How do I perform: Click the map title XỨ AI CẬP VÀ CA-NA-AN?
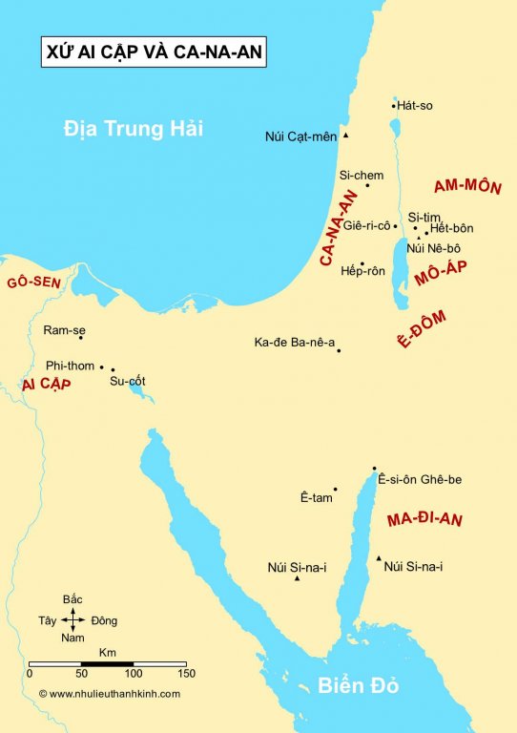154,52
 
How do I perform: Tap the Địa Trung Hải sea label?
134,128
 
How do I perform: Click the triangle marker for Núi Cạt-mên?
345,136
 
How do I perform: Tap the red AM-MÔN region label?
466,186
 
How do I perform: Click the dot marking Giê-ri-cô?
395,226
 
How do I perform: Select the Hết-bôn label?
451,228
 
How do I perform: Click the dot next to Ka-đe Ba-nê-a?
339,350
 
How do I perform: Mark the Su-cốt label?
128,381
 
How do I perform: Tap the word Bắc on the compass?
72,598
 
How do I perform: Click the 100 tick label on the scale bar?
133,674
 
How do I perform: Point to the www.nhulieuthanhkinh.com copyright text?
109,694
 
